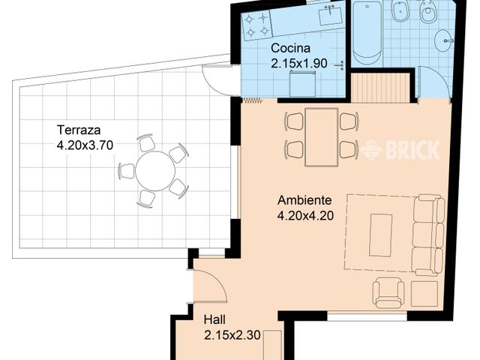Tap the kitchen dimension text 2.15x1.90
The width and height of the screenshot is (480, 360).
(299, 64)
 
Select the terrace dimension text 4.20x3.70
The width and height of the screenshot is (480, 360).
(85, 146)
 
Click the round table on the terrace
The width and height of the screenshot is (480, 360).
(155, 170)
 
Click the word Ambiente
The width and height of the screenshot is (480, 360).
(304, 200)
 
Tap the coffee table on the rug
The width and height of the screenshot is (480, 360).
(382, 235)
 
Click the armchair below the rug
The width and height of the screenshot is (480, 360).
(389, 292)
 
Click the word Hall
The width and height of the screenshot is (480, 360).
(215, 320)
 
